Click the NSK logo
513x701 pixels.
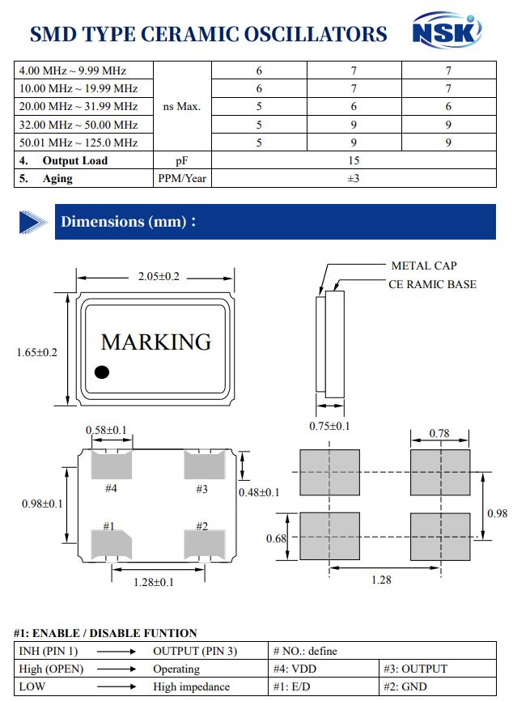point(447,30)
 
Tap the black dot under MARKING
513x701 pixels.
point(102,372)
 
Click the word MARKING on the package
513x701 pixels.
point(156,342)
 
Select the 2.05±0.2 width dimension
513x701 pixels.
point(159,276)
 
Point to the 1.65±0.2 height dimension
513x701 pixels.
point(36,352)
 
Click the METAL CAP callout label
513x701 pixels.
point(424,266)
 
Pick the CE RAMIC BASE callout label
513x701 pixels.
point(432,284)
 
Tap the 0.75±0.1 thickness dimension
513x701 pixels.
point(329,426)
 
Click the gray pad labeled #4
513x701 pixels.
point(112,465)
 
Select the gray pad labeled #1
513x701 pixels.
point(112,544)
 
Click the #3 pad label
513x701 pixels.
point(202,489)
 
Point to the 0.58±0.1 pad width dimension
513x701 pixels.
point(106,430)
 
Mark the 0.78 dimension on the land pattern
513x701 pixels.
point(439,433)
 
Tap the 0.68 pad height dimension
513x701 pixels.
point(276,538)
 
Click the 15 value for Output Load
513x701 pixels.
point(354,160)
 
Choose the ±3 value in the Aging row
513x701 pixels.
point(354,178)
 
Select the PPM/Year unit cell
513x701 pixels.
point(182,178)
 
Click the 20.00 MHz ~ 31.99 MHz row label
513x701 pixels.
point(78,106)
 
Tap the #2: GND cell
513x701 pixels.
point(405,686)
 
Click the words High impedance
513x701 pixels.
point(191,686)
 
